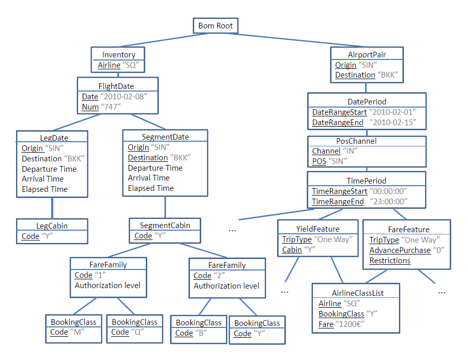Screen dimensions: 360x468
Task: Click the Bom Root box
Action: [x=216, y=25]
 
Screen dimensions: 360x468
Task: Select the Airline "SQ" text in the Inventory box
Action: [x=118, y=65]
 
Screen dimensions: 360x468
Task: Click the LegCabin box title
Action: [x=52, y=226]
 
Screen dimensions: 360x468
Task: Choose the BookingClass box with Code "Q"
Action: [x=134, y=327]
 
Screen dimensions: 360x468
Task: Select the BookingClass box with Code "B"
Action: [x=199, y=328]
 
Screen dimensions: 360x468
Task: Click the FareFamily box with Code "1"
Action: [x=108, y=277]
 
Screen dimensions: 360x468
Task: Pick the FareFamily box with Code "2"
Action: [x=227, y=278]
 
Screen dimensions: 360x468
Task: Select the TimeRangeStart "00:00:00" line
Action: [x=359, y=191]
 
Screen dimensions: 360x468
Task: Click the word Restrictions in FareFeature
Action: [x=390, y=260]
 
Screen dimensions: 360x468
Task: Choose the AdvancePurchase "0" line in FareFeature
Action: [x=403, y=250]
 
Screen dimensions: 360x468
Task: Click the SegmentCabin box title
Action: [x=165, y=226]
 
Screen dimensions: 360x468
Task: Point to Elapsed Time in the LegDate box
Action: [x=44, y=189]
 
